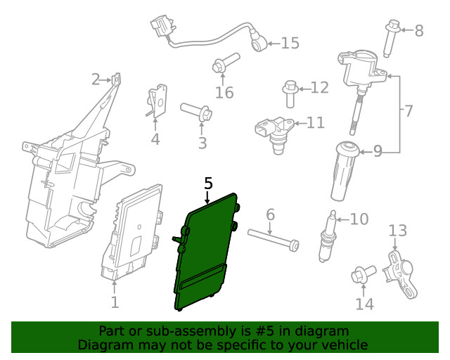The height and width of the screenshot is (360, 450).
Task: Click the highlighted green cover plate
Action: (205, 252)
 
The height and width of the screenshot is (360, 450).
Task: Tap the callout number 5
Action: (208, 183)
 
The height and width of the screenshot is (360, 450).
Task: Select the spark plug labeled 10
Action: (327, 236)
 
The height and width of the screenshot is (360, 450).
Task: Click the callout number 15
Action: (290, 43)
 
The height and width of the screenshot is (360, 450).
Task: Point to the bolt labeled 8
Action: (391, 39)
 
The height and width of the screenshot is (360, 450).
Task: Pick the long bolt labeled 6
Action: (274, 240)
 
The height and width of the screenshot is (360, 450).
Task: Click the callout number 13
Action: (398, 231)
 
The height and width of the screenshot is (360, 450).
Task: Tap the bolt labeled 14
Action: (364, 274)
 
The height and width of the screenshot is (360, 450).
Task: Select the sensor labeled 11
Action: (274, 134)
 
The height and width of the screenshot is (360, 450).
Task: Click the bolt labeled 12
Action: (290, 94)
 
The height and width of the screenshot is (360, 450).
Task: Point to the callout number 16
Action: (224, 92)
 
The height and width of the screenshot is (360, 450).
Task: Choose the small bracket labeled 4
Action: (157, 101)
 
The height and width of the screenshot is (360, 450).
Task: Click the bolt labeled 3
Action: (197, 112)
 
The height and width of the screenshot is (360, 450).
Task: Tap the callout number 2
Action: (96, 79)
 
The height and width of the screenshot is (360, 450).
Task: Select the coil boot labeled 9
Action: (345, 171)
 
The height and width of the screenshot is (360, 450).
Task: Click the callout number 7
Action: (409, 110)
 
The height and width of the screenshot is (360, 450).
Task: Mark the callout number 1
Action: (115, 302)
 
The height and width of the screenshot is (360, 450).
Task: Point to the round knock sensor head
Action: (259, 44)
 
